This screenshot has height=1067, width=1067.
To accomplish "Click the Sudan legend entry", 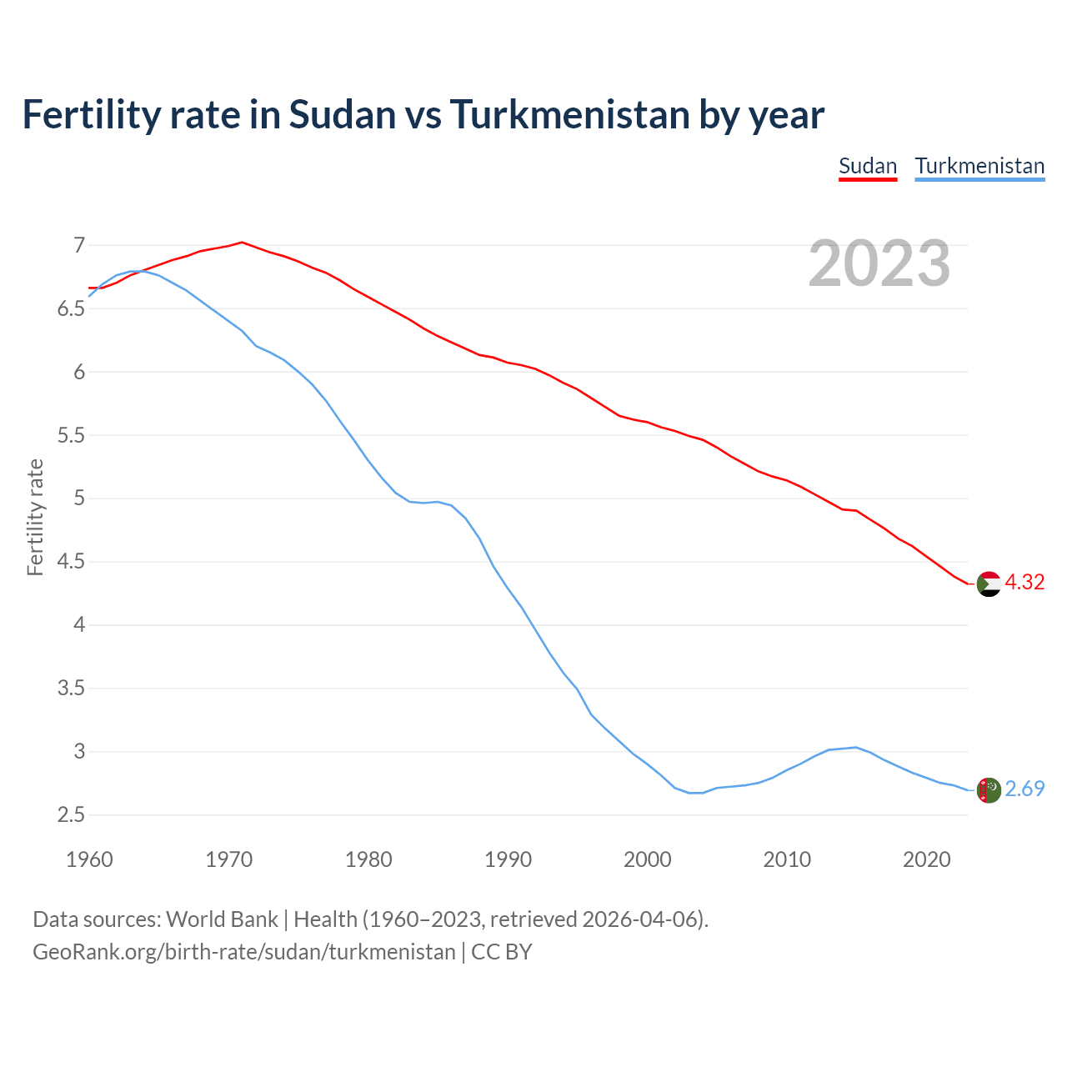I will tap(867, 166).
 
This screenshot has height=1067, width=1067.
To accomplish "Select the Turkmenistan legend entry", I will tap(979, 166).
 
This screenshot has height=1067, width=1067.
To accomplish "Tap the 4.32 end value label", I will tap(1024, 582).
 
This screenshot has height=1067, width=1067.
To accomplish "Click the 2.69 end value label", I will tap(1024, 789).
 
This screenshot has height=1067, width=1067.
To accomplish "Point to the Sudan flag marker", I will tap(989, 584).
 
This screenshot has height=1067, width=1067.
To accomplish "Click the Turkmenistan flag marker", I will tap(989, 790).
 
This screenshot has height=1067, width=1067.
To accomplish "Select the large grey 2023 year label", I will tap(879, 263).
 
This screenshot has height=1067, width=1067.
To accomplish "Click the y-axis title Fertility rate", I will tap(35, 517).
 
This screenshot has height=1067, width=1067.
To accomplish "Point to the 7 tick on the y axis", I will tap(79, 245).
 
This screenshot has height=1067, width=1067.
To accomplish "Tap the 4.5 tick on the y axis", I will tap(71, 562).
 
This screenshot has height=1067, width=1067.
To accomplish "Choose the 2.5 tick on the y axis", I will tap(71, 814).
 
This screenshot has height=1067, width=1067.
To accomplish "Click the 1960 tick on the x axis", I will tap(89, 859).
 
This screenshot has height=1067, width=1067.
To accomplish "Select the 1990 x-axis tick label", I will tap(508, 859).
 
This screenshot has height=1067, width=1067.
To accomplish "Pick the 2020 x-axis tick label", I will tap(926, 859).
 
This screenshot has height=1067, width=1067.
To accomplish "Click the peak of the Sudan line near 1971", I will tap(242, 243).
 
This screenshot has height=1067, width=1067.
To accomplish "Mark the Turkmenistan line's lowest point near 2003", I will tap(696, 793).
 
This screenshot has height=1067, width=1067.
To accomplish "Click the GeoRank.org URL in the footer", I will tap(243, 952).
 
